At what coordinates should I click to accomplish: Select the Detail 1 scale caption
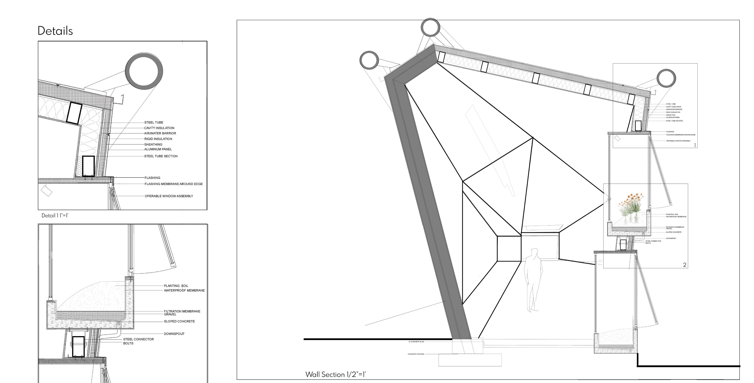55,216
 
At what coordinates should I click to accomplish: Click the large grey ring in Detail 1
144,71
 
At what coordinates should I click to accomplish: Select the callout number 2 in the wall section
684,265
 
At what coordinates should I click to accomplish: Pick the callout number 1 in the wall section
695,145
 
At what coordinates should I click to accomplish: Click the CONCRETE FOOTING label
416,354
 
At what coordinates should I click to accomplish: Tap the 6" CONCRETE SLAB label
416,341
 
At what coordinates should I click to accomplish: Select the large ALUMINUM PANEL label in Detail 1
158,149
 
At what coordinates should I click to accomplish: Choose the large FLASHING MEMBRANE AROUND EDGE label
173,184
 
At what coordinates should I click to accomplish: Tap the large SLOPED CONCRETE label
179,321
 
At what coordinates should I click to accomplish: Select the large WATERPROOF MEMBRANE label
184,290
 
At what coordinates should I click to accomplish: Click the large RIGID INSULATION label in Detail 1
158,139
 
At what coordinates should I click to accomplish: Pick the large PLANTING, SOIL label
176,286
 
